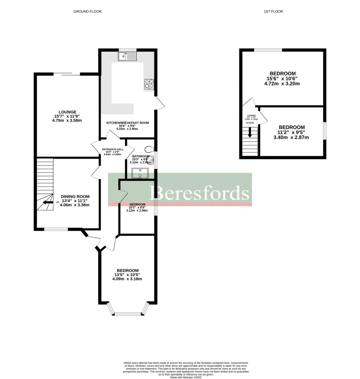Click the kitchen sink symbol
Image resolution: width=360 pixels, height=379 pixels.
tap(127, 56)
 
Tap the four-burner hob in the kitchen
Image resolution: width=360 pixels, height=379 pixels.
tap(149, 84)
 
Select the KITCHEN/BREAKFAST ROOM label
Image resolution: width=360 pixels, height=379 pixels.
tap(128, 123)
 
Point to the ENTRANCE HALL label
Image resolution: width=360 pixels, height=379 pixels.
tap(113, 149)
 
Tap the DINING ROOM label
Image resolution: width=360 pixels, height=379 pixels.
tap(75, 196)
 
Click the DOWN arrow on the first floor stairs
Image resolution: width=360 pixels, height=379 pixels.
tap(250, 132)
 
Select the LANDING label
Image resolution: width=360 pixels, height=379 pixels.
tap(251, 116)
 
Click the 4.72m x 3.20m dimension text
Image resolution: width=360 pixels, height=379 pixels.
tap(283, 84)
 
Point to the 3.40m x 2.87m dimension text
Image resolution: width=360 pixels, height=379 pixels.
tap(292, 137)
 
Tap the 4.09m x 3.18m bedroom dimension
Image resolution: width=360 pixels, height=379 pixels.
tap(127, 279)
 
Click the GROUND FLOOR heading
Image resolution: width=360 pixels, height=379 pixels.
tap(88, 12)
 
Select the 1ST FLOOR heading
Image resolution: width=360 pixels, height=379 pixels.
tap(273, 12)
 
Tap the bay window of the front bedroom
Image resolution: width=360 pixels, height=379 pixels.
tap(128, 313)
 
